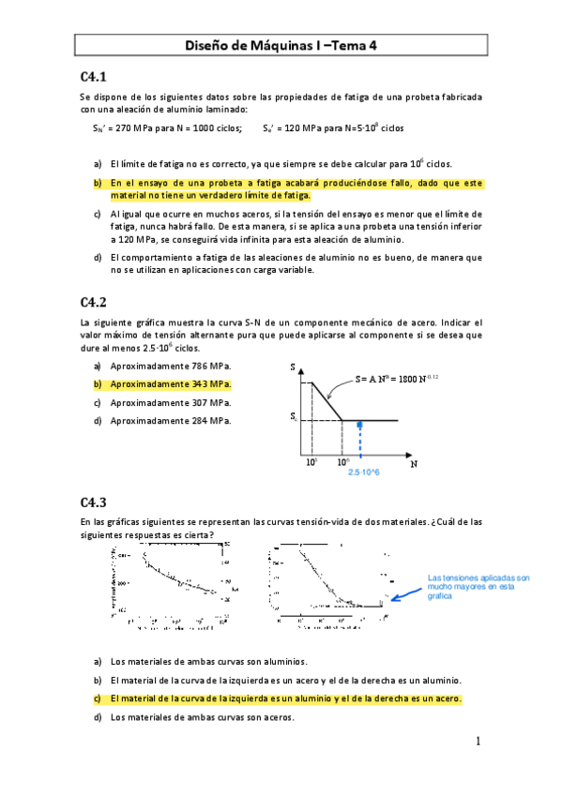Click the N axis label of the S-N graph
413,462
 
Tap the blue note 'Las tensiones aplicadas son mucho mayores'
478,587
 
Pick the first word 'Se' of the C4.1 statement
85,97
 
